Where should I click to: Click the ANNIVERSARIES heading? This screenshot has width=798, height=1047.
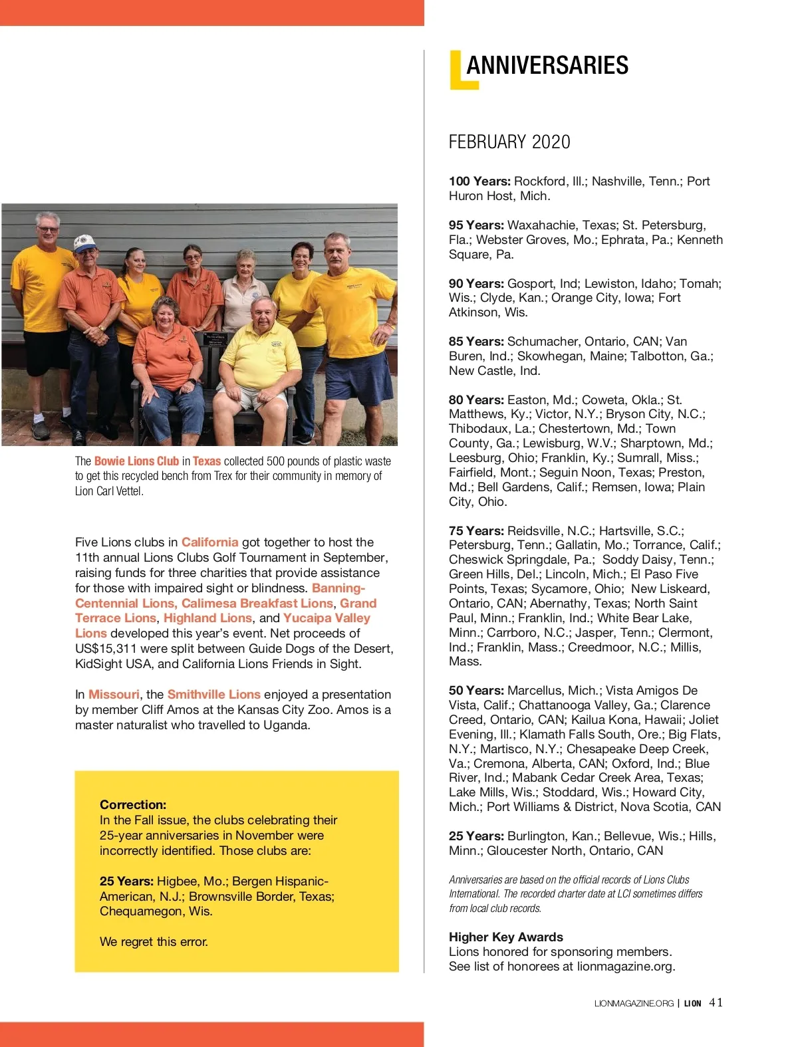(547, 65)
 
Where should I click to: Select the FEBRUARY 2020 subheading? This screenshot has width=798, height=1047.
(509, 142)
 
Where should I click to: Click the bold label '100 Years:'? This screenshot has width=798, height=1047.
(479, 181)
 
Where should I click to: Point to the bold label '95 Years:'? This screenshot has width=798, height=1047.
(476, 225)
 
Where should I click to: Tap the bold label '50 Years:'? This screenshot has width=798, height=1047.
(476, 691)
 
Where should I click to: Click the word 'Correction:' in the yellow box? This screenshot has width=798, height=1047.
(133, 804)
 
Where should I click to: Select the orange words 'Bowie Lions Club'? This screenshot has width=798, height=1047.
(136, 461)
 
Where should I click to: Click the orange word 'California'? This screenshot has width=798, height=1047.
(209, 542)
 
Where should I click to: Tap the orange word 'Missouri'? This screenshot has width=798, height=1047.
(114, 695)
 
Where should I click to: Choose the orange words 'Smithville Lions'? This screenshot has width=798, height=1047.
(213, 695)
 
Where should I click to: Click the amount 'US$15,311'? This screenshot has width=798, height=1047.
(105, 649)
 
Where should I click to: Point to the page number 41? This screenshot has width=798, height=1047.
(716, 1002)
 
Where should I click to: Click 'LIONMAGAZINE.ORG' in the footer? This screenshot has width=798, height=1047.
(633, 1003)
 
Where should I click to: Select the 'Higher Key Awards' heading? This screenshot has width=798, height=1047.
(505, 937)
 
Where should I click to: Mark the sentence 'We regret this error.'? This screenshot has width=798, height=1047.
(154, 942)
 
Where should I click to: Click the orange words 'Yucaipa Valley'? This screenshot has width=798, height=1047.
(327, 618)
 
